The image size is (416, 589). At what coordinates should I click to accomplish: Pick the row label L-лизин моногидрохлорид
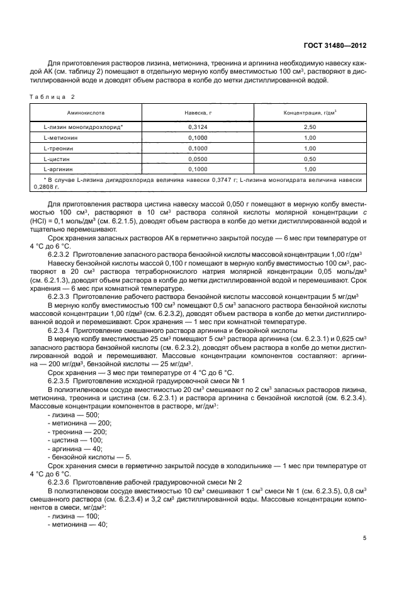click(x=79, y=126)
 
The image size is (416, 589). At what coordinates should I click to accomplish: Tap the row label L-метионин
click(x=62, y=137)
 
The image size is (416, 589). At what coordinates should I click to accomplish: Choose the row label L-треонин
click(x=60, y=148)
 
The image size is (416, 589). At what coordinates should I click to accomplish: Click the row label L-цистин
click(x=59, y=159)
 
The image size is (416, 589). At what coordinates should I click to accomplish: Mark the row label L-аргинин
click(x=60, y=169)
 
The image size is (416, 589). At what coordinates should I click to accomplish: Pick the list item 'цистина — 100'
click(x=76, y=440)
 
